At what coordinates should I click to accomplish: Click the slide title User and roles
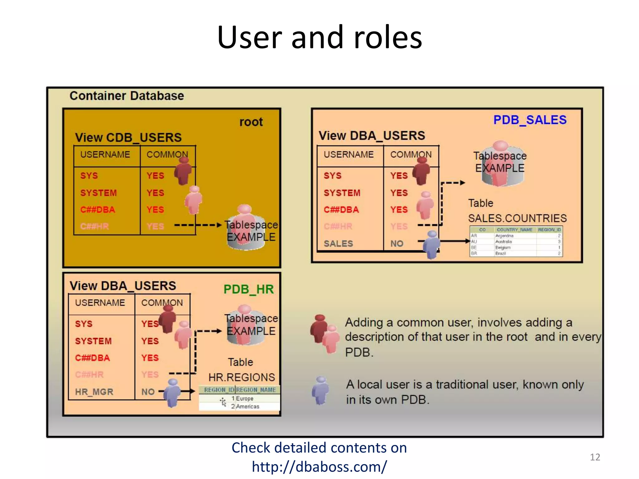click(319, 37)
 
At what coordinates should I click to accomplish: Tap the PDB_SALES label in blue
click(529, 120)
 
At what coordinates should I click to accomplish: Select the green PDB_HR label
click(248, 289)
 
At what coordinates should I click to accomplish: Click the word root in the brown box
click(251, 122)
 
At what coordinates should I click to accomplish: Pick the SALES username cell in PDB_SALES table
click(338, 244)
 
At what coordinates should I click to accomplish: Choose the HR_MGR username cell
click(94, 392)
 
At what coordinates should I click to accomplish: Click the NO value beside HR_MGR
click(148, 392)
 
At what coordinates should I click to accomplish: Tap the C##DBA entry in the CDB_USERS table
click(97, 210)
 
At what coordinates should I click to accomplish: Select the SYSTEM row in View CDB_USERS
click(98, 193)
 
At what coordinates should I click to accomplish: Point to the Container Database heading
click(127, 96)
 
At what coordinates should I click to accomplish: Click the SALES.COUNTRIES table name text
click(517, 218)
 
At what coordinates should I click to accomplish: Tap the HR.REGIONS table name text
click(241, 377)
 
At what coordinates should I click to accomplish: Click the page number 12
click(595, 457)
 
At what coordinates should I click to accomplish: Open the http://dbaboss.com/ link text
click(319, 467)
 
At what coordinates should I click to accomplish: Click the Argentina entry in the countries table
click(504, 236)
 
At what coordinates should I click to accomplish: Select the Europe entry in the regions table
click(245, 399)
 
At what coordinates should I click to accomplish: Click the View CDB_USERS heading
click(128, 138)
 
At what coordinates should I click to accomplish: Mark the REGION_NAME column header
click(256, 390)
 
